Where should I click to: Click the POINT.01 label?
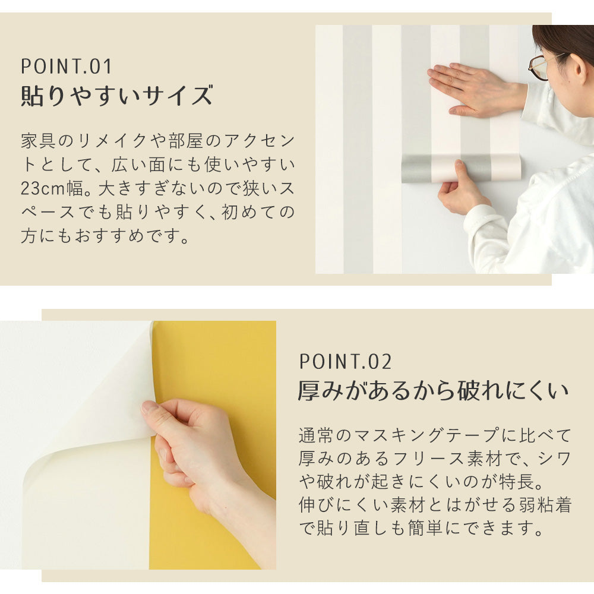[67, 66]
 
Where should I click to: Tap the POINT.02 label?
[345, 361]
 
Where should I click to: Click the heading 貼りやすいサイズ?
[116, 96]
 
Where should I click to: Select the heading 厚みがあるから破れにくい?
[433, 391]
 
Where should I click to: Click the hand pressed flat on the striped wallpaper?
[469, 89]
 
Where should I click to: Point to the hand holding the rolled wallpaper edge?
[460, 190]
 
